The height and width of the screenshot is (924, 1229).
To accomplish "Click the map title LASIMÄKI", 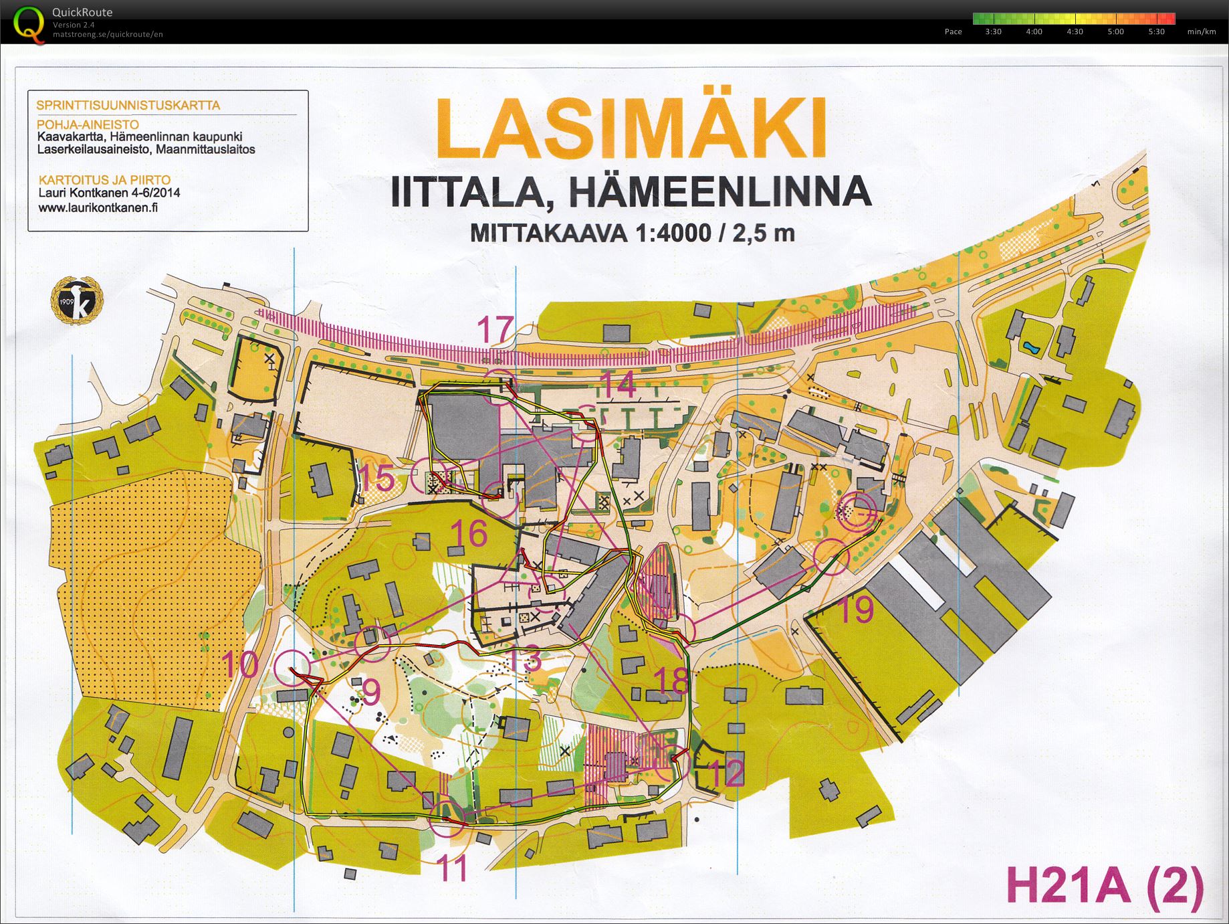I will (x=631, y=128).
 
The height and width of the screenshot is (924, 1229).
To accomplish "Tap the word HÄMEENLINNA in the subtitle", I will (x=719, y=192).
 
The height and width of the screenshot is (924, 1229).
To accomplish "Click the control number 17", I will (x=495, y=329).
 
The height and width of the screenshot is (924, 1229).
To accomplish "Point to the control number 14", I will (x=619, y=385).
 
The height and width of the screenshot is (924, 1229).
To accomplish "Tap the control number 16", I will (x=469, y=533).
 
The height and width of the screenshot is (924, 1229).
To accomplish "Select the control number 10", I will (x=240, y=664).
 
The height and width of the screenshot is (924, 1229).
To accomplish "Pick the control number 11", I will (x=453, y=868).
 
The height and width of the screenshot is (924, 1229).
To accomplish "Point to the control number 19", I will (x=854, y=609).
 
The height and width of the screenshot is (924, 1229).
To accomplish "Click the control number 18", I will (x=671, y=680).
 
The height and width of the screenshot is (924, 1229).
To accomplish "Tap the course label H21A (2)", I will (x=1104, y=887).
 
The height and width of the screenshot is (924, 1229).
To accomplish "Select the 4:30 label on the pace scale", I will (x=1075, y=31).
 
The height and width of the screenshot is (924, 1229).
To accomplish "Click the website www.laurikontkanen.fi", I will (x=98, y=207).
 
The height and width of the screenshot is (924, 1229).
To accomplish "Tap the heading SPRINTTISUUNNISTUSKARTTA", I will (x=128, y=105).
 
